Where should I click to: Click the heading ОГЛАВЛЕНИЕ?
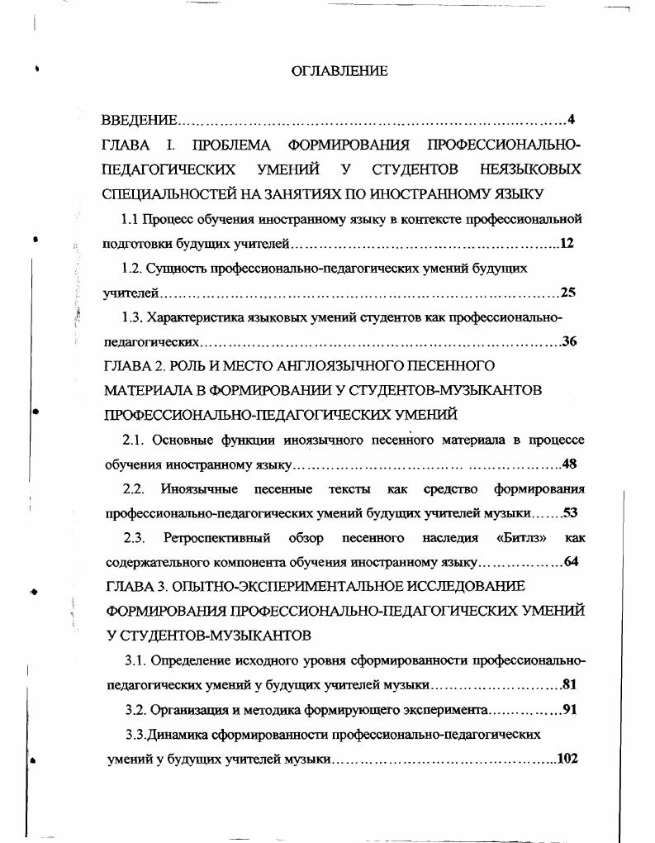339,72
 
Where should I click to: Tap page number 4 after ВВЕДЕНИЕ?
571,121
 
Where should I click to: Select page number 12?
567,244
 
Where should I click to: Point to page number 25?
567,293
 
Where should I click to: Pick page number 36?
568,341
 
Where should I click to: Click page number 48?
568,464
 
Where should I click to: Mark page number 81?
568,684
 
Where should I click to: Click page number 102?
567,758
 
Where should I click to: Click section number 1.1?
130,219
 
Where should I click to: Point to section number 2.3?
135,538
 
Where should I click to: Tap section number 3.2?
135,709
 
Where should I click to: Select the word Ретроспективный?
217,538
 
